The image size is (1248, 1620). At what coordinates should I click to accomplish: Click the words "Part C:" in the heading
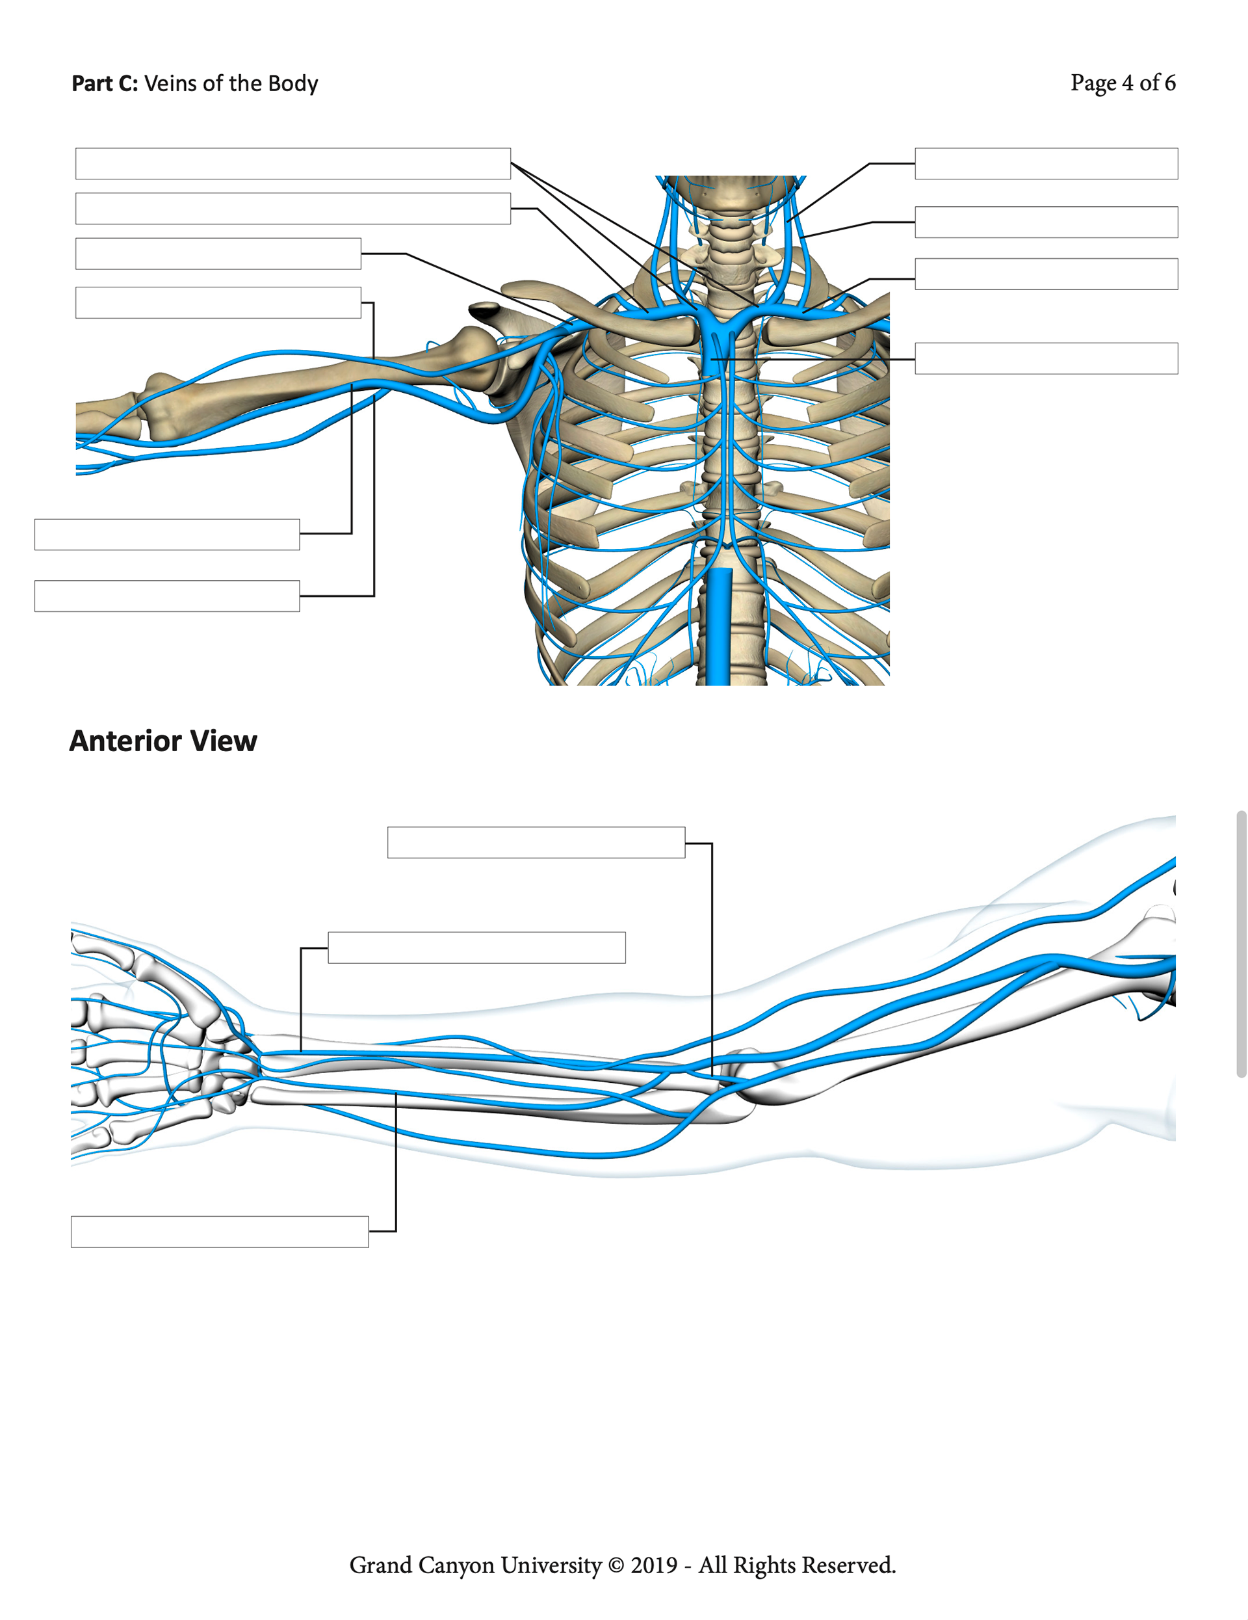point(105,83)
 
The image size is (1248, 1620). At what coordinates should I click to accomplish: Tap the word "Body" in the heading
point(293,83)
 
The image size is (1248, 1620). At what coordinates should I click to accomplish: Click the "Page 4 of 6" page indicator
point(1122,83)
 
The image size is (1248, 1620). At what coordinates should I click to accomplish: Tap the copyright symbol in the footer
point(616,1565)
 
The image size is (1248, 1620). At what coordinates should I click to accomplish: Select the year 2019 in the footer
point(653,1565)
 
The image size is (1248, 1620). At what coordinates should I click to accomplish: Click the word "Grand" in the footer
point(380,1565)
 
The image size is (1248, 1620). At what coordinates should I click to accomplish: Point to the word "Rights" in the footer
point(765,1565)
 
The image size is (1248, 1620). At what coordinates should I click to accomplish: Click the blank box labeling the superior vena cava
point(1046,358)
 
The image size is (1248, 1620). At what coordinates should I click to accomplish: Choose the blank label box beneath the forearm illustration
point(220,1231)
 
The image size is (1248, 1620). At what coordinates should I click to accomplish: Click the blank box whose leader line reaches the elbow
point(536,843)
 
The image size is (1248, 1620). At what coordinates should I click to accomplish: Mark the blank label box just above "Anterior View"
point(167,596)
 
